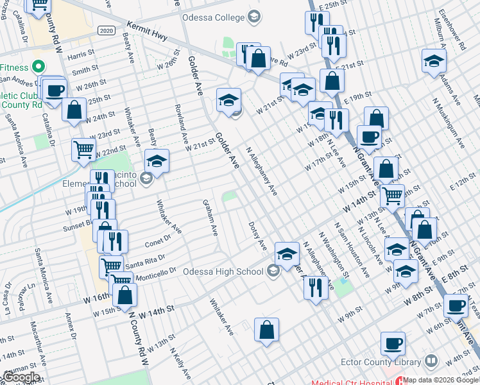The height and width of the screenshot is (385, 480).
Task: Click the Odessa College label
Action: (214, 16)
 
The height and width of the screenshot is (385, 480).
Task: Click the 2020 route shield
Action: (107, 30)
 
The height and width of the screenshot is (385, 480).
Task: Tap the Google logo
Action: (21, 377)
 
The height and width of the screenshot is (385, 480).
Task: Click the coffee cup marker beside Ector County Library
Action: (393, 344)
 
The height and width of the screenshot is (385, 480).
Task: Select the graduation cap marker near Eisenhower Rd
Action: (434, 62)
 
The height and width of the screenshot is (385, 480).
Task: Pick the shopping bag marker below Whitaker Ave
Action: (266, 331)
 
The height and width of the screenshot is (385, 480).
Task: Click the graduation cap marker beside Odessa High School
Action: (287, 254)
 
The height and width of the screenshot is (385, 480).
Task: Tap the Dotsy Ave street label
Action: (257, 236)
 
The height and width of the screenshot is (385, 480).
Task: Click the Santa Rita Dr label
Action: (141, 262)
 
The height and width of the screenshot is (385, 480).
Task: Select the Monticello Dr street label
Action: (155, 273)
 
